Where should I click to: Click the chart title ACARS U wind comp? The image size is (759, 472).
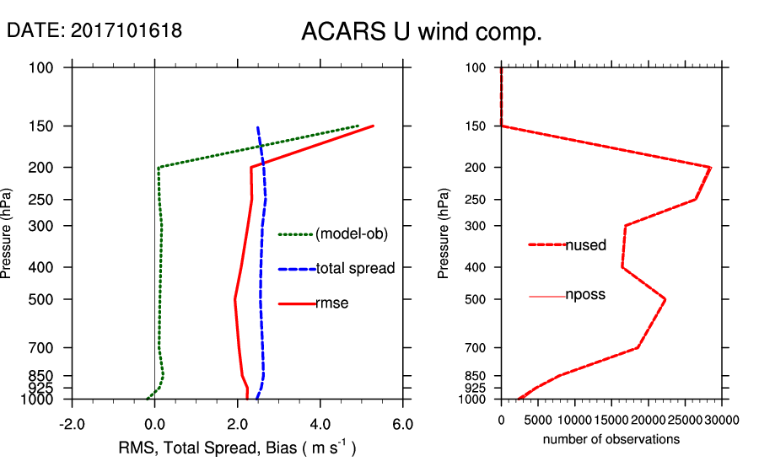pyautogui.click(x=421, y=33)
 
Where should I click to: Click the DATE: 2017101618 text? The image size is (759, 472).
pyautogui.click(x=94, y=31)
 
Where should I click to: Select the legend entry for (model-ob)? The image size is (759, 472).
pyautogui.click(x=352, y=234)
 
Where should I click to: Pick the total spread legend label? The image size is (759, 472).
pyautogui.click(x=355, y=269)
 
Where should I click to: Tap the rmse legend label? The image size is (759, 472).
pyautogui.click(x=332, y=303)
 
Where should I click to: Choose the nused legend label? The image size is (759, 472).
pyautogui.click(x=585, y=245)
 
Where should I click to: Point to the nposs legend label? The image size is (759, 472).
pyautogui.click(x=585, y=295)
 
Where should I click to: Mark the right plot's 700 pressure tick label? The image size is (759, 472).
pyautogui.click(x=476, y=347)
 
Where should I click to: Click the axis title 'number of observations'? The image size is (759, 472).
pyautogui.click(x=611, y=439)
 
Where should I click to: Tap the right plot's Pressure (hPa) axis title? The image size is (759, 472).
pyautogui.click(x=444, y=234)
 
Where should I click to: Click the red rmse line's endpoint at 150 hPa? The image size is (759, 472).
pyautogui.click(x=373, y=126)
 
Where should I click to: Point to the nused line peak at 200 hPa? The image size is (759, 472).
pyautogui.click(x=711, y=168)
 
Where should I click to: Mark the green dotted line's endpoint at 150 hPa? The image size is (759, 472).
pyautogui.click(x=358, y=126)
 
